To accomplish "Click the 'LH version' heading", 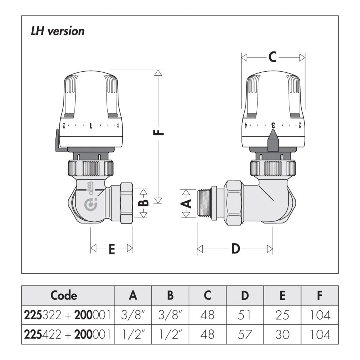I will pyautogui.click(x=58, y=31).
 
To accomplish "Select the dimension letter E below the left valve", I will pyautogui.click(x=112, y=249).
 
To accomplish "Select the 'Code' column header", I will pyautogui.click(x=64, y=296).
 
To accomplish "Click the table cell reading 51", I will pyautogui.click(x=245, y=315).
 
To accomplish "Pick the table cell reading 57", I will pyautogui.click(x=245, y=334).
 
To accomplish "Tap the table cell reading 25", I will pyautogui.click(x=282, y=315).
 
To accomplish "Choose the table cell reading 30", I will pyautogui.click(x=282, y=334).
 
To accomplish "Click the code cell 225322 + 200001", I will pyautogui.click(x=68, y=315).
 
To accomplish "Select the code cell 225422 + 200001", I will pyautogui.click(x=68, y=334).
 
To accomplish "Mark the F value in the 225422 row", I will pyautogui.click(x=320, y=334).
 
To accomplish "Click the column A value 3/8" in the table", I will pyautogui.click(x=133, y=315).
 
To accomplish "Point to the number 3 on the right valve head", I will pyautogui.click(x=273, y=126).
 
